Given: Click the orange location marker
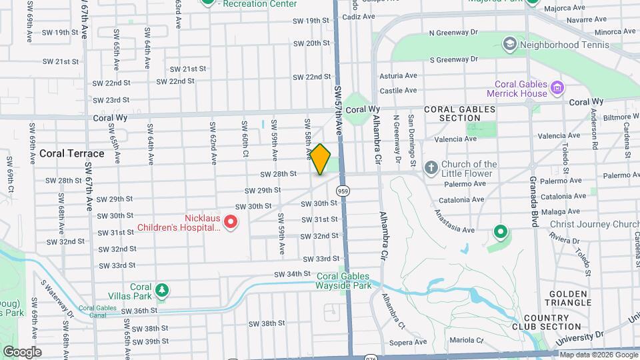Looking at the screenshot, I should point(321,159).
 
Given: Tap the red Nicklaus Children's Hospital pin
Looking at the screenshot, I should point(231,221).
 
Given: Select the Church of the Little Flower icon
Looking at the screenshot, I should point(431,167).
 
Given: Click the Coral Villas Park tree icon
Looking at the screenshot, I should point(161,291).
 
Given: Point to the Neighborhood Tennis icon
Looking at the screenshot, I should point(509,45).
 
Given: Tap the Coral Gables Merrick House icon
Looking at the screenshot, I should point(557,87).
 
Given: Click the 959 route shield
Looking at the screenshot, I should point(343,191).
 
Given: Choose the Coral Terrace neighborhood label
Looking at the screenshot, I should point(72,153).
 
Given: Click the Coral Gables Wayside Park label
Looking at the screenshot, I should point(344,281).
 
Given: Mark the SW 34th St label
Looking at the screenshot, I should point(292,273).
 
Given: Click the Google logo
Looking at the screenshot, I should point(23,351).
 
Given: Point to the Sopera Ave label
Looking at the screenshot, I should point(404,342).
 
